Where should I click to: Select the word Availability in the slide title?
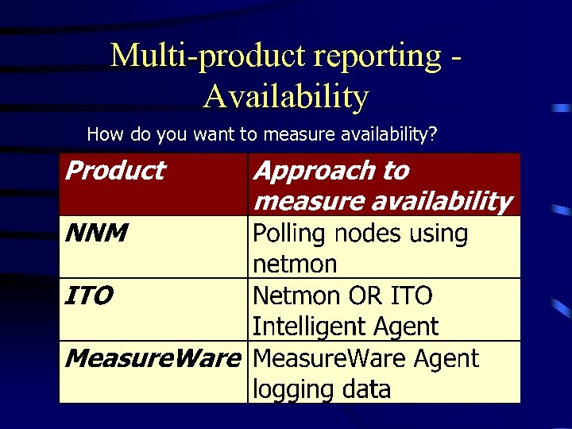(x=286, y=96)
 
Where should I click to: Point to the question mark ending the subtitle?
(x=432, y=134)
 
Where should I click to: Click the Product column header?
(x=114, y=170)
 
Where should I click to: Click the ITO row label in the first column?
(x=87, y=296)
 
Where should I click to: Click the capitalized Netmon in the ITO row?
(x=296, y=296)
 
